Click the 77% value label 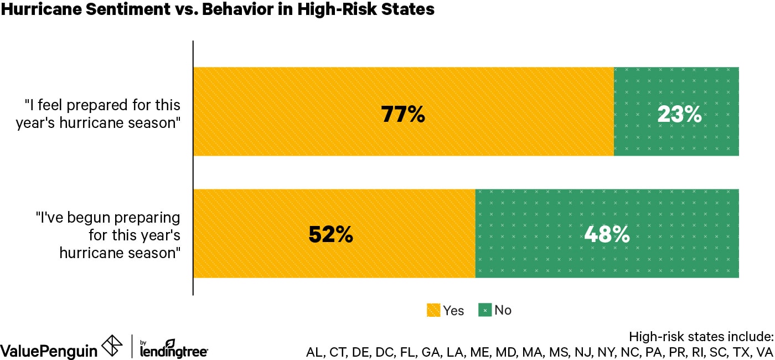pos(402,114)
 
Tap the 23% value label pos(679,114)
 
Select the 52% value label pos(330,235)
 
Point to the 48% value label pos(607,235)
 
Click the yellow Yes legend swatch pos(433,310)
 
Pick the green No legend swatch pos(485,310)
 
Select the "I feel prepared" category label pos(102,114)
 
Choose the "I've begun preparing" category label pos(108,235)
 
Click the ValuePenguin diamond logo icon pos(112,347)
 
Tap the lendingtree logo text pos(174,351)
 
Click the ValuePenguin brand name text pos(49,351)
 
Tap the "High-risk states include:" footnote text pos(700,336)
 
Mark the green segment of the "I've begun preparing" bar pos(607,260)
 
